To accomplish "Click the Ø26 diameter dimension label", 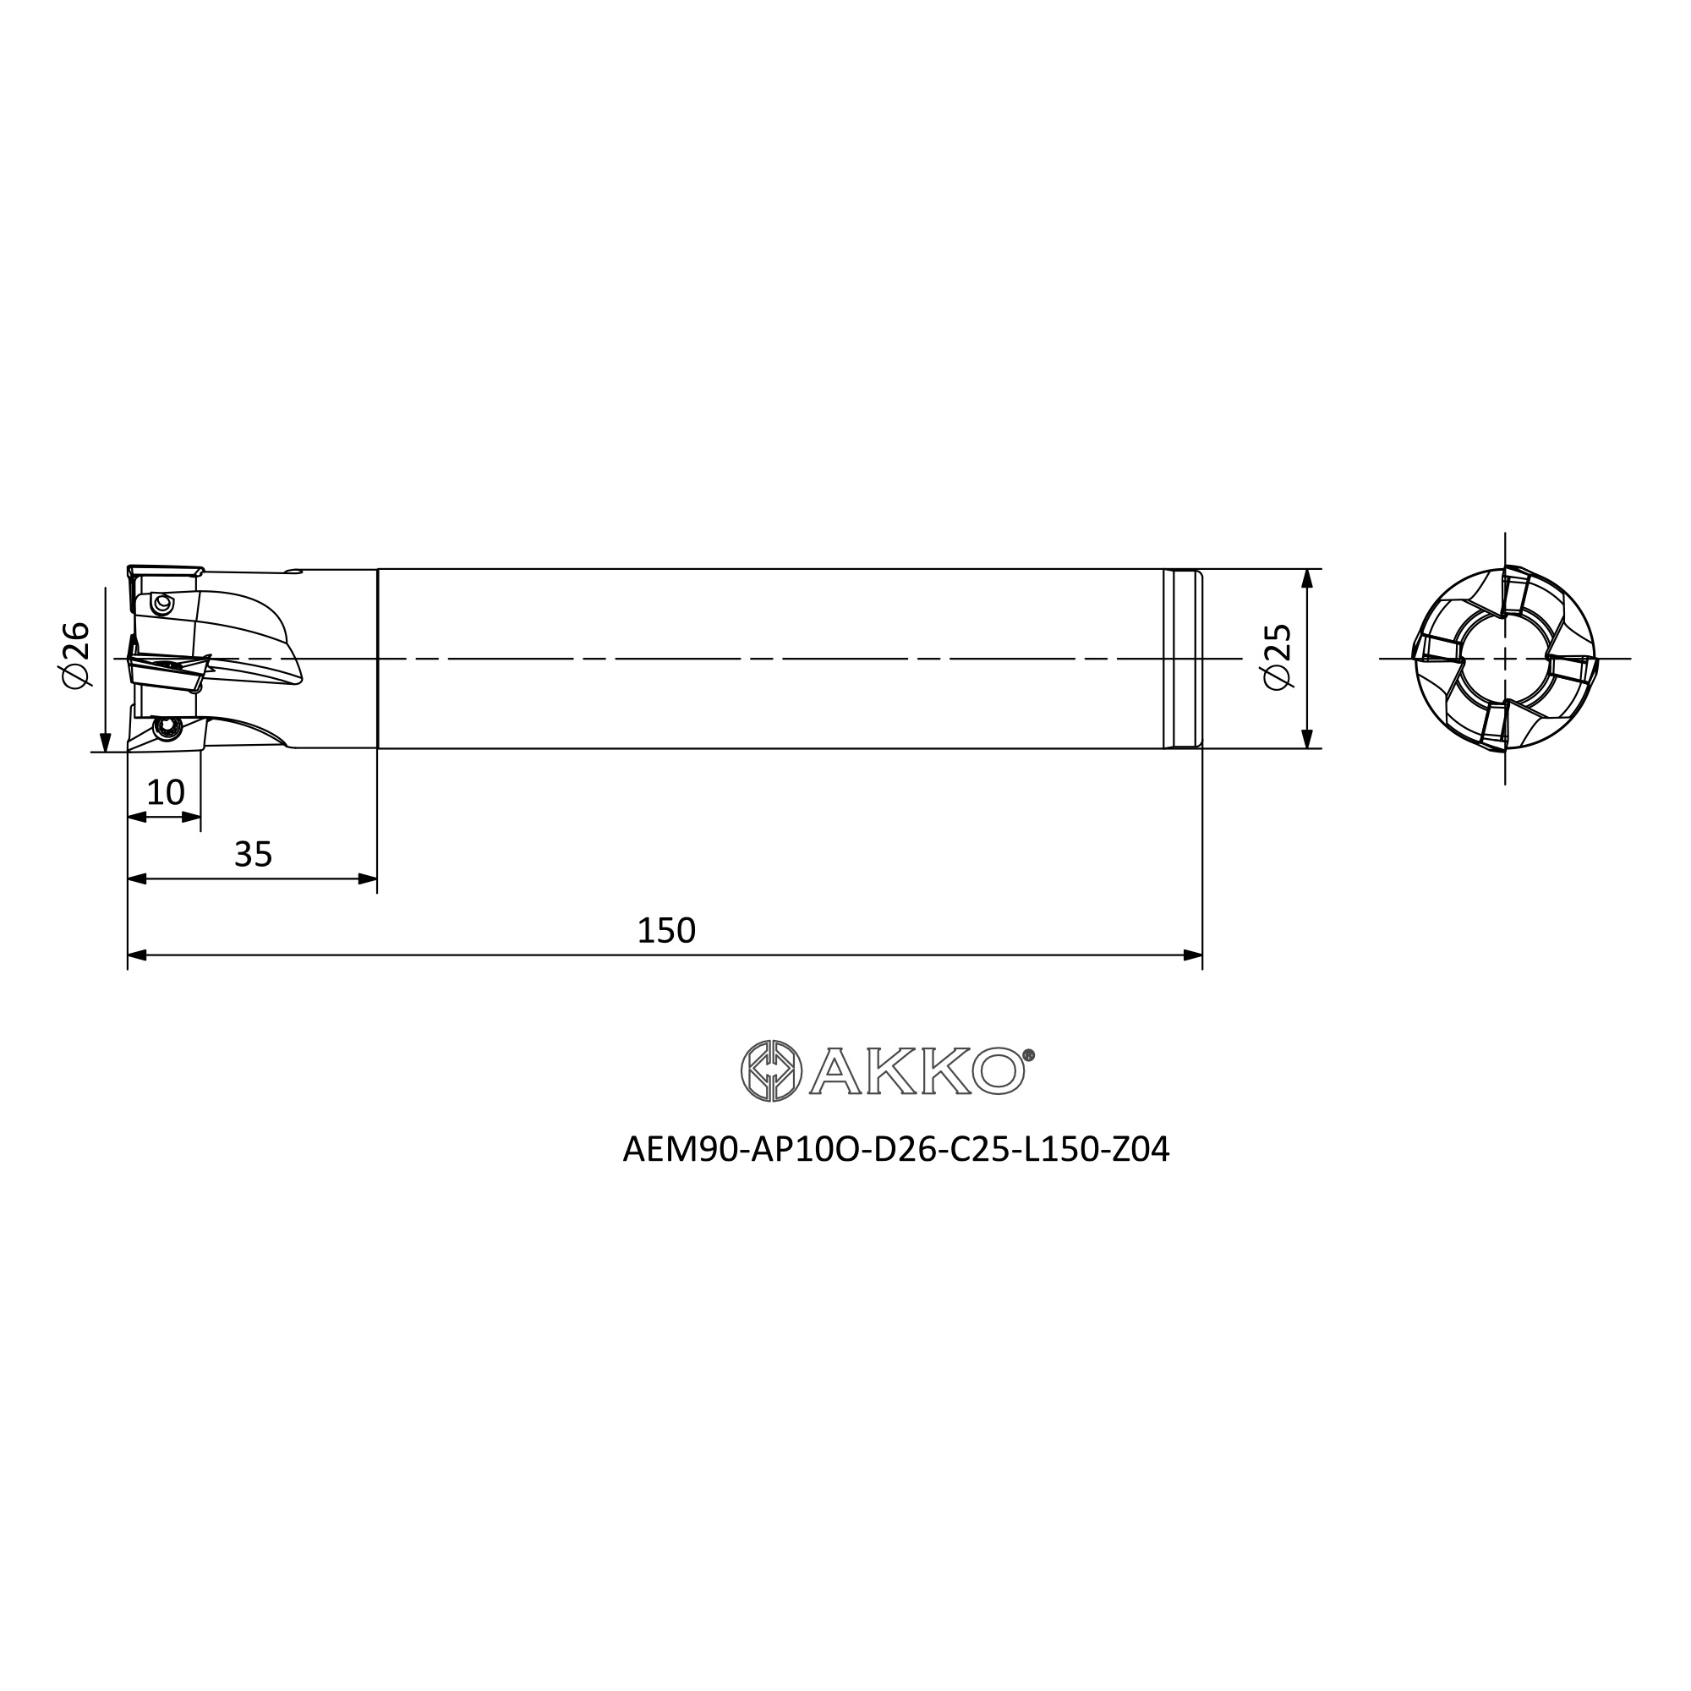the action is coord(76,654).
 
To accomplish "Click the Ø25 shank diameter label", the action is coord(1277,656).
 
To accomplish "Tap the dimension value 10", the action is coord(166,792).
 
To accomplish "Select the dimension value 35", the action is coord(253,854).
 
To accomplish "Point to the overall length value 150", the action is coord(666,930).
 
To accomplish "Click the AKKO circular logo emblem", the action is coord(771,1070).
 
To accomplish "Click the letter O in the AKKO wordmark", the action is coord(998,1070).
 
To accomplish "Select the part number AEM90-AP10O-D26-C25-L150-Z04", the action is coord(895,1149).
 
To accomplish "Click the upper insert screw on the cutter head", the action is coord(161,603).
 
